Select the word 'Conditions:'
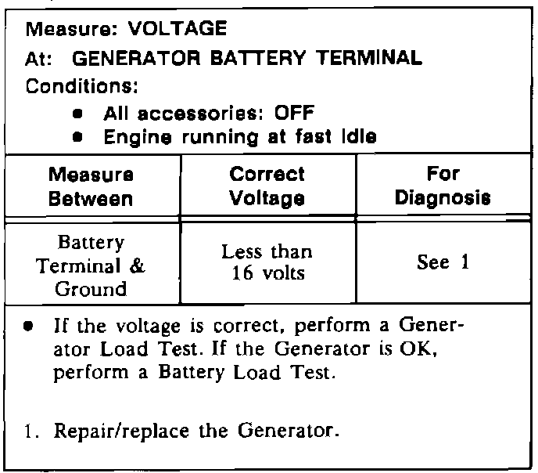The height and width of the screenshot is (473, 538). coord(76,85)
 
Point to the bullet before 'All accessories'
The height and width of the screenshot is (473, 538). coord(78,113)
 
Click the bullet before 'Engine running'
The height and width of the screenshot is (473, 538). coord(78,137)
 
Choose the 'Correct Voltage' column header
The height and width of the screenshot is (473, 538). coord(267,186)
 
